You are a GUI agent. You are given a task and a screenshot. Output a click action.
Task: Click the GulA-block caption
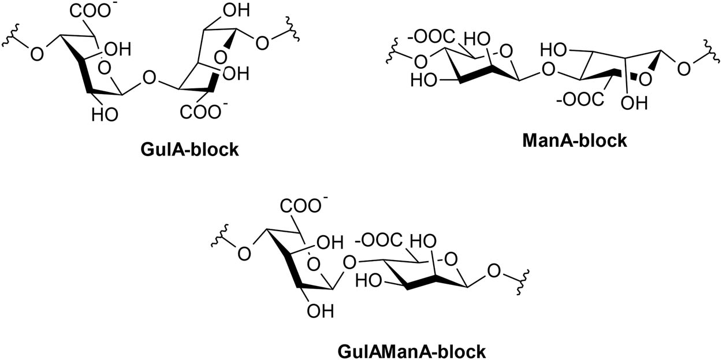189,150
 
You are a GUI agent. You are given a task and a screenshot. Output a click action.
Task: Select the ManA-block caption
575,140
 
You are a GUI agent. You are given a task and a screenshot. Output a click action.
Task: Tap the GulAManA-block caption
412,351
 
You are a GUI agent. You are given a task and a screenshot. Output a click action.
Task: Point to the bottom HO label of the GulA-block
105,114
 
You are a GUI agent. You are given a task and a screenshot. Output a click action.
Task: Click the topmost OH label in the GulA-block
236,10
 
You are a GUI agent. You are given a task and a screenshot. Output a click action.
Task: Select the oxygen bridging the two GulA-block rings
149,78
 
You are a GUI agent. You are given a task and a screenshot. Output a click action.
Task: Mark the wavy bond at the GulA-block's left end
10,35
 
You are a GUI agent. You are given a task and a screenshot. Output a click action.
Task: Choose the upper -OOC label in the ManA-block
431,36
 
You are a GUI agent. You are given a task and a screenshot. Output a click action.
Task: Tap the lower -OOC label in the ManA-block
580,99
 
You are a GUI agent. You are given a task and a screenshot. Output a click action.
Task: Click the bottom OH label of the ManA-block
634,103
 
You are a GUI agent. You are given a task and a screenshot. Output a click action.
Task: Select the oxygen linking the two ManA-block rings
548,69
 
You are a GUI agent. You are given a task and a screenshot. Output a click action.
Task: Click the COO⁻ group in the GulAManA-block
301,205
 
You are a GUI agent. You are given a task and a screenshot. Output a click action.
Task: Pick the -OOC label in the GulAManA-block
378,240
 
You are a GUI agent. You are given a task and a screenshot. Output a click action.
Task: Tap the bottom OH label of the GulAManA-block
320,311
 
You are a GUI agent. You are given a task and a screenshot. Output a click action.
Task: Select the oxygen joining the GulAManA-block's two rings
349,262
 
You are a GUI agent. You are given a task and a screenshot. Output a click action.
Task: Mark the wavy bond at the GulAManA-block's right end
522,282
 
